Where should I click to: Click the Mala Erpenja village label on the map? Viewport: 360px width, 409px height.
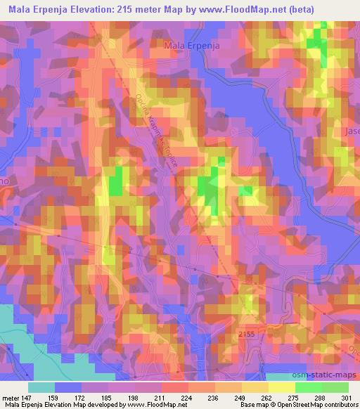(x=191, y=46)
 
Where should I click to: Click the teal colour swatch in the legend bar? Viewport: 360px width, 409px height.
(x=41, y=387)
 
